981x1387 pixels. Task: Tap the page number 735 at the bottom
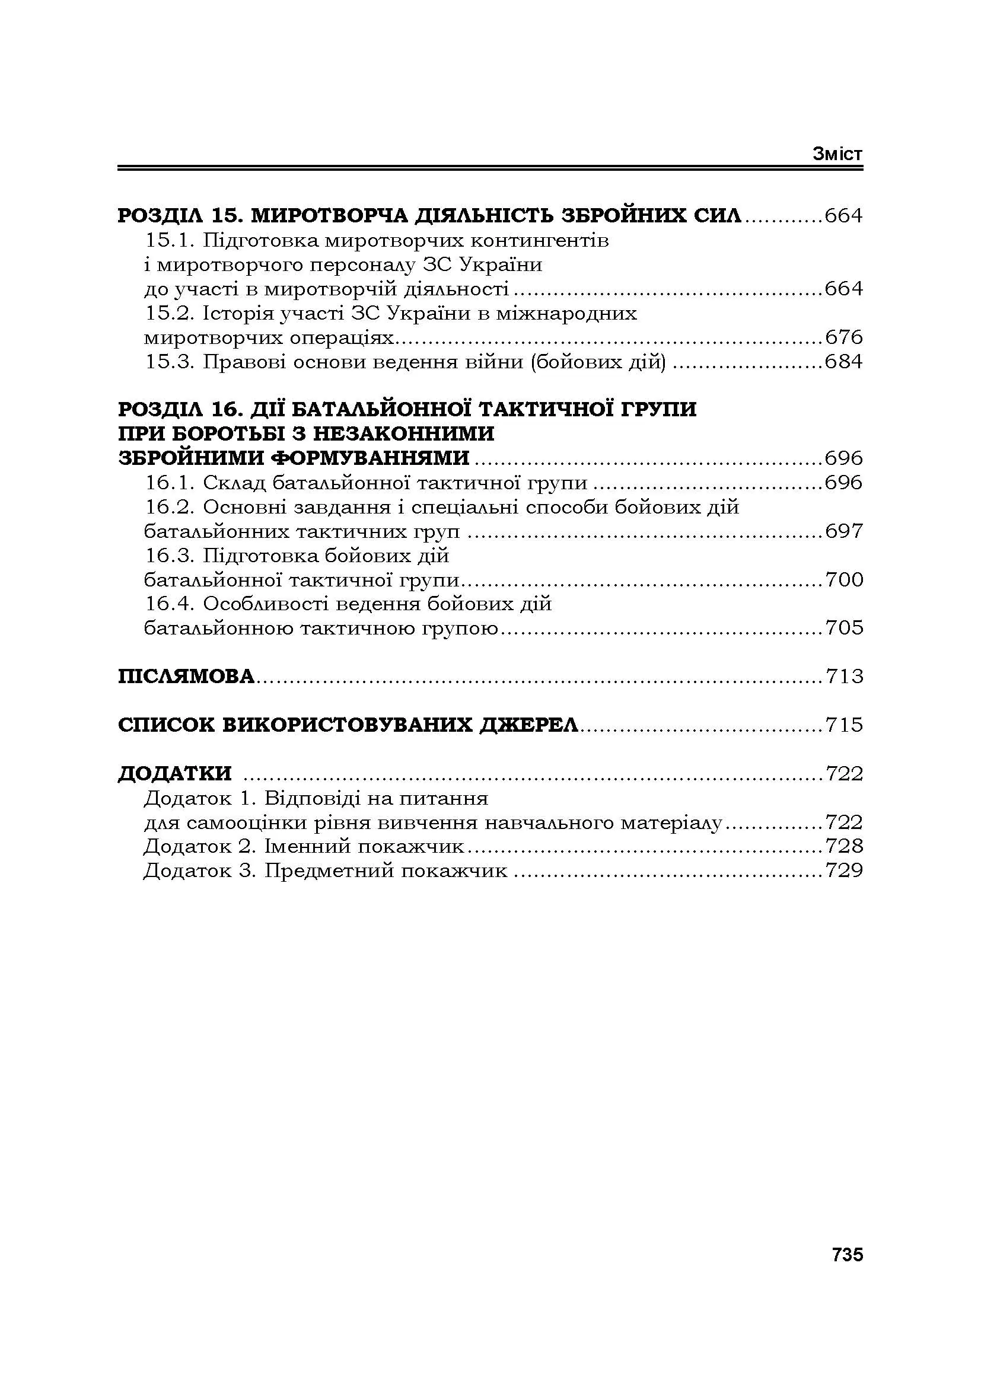[x=848, y=1255]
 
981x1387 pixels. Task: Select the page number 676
[x=844, y=337]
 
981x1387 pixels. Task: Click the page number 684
[x=844, y=362]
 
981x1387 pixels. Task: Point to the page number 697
[x=844, y=531]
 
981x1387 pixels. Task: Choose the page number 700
[x=844, y=580]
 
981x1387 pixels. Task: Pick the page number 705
[x=844, y=628]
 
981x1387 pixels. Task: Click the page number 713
[x=844, y=676]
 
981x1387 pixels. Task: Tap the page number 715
[x=844, y=724]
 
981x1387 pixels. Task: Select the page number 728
[x=844, y=846]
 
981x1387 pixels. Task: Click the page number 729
[x=844, y=871]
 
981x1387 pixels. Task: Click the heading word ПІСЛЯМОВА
[x=186, y=676]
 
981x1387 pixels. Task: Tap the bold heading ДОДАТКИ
[x=174, y=773]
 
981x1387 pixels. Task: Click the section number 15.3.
[x=170, y=362]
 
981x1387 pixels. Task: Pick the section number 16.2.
[x=170, y=508]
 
